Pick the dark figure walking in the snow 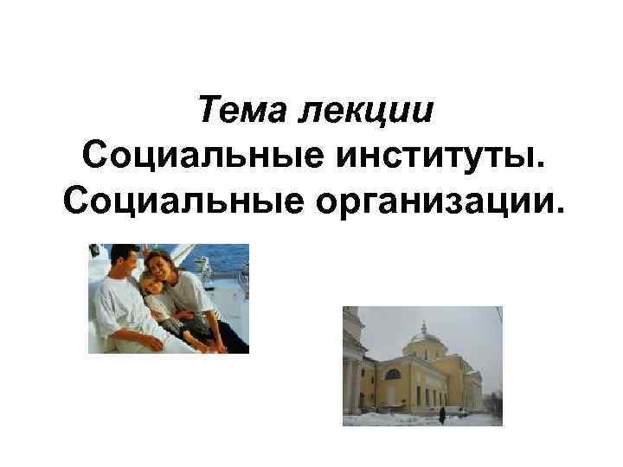[442, 414]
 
